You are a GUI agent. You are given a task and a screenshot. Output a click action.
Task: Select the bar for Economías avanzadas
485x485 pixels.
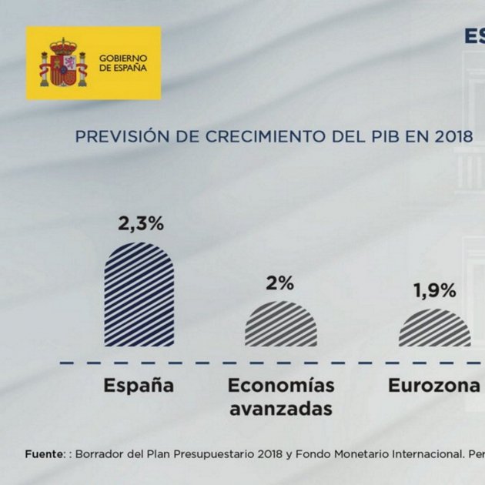click(x=280, y=324)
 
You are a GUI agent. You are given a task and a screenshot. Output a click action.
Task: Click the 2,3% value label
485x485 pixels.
click(x=141, y=224)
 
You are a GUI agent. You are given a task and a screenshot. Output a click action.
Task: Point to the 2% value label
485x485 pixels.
click(x=280, y=283)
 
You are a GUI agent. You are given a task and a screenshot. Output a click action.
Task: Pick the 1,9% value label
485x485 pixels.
click(x=434, y=291)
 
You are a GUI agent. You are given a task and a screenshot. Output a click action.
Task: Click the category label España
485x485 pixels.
click(x=139, y=385)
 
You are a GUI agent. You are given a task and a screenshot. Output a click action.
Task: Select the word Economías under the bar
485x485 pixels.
click(x=282, y=385)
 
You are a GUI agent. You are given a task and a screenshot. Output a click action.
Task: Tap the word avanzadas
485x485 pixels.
click(x=280, y=409)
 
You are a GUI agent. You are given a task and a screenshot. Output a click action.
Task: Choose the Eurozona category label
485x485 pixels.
click(x=433, y=385)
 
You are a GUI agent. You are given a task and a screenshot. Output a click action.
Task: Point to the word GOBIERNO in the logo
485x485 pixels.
click(x=123, y=58)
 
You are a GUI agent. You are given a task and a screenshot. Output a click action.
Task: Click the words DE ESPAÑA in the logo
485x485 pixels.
click(x=122, y=69)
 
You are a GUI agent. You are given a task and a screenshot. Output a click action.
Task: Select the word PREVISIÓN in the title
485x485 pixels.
click(x=110, y=137)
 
